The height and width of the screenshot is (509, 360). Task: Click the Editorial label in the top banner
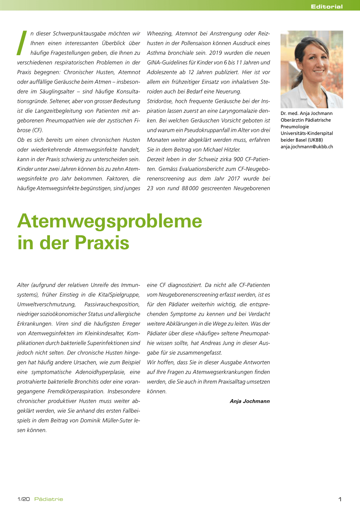coord(327,6)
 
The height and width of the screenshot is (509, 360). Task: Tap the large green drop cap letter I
coord(22,43)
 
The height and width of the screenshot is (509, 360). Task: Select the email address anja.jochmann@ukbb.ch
coord(307,147)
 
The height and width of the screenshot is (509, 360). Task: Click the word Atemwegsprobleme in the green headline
coord(110,221)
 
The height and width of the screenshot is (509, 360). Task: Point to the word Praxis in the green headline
coord(102,243)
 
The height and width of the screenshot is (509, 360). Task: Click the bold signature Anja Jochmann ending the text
coord(250,401)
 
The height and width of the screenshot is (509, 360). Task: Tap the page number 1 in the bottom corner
coord(340,499)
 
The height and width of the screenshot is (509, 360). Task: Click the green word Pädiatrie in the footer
coord(49,499)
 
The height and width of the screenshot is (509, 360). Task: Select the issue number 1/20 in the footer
coord(24,499)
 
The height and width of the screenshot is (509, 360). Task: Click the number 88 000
coord(190,188)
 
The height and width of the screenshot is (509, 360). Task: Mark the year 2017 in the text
coord(233,179)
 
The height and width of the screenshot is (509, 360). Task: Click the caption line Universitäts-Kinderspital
coord(307,133)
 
